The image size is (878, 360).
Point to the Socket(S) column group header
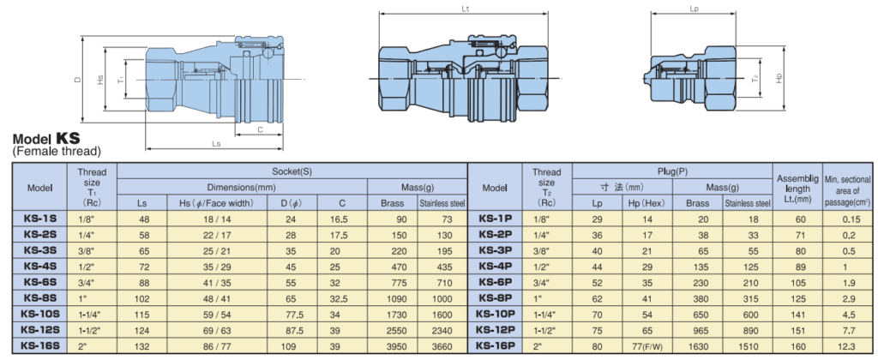click(292, 171)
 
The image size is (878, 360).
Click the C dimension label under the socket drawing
click(259, 129)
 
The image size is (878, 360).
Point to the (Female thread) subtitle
click(56, 152)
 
